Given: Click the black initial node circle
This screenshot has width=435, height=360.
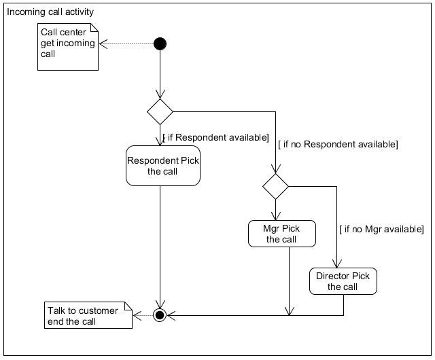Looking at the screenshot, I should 160,44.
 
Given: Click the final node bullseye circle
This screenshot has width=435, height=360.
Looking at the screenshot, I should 160,315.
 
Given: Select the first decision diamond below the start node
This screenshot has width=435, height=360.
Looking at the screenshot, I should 160,111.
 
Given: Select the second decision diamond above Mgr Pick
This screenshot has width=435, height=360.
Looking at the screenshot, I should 275,186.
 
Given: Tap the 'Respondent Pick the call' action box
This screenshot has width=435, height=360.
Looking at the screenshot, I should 163,166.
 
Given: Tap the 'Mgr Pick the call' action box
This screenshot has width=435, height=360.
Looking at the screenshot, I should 281,234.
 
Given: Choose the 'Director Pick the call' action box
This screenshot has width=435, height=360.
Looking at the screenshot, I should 343,281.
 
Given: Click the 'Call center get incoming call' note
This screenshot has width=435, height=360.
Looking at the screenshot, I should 67,46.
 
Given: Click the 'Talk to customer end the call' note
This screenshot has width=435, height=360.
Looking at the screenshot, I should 87,316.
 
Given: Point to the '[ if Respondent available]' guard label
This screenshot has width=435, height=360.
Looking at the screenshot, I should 215,137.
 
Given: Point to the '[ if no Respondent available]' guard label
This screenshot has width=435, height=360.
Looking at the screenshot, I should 337,144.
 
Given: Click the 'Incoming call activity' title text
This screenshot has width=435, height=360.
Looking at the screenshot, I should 51,12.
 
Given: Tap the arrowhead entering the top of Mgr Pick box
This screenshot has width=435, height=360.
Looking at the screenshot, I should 275,216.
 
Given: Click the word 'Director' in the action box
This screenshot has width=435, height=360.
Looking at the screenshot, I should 333,276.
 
